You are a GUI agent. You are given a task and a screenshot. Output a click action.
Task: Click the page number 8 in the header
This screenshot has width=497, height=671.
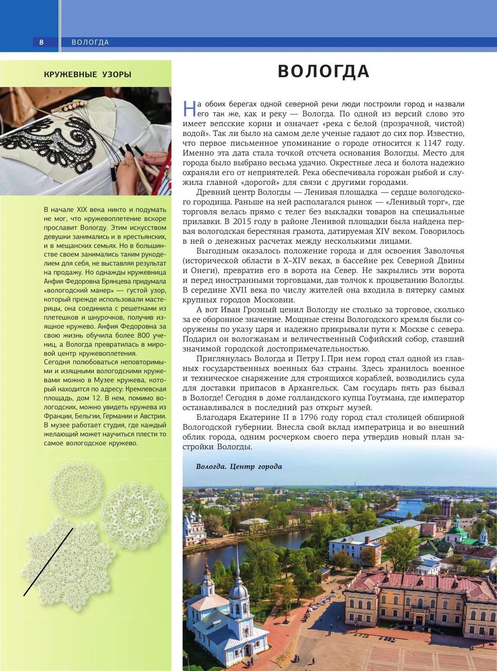click(x=41, y=42)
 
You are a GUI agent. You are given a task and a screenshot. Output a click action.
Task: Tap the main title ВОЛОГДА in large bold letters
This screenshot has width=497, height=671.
click(x=324, y=72)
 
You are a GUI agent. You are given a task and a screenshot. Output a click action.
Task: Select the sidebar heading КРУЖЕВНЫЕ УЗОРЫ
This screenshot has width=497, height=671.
click(x=88, y=74)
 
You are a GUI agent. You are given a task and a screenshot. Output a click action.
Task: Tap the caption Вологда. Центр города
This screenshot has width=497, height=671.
click(x=239, y=467)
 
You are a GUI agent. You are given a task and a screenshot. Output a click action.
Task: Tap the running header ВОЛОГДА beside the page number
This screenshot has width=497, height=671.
click(x=90, y=42)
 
